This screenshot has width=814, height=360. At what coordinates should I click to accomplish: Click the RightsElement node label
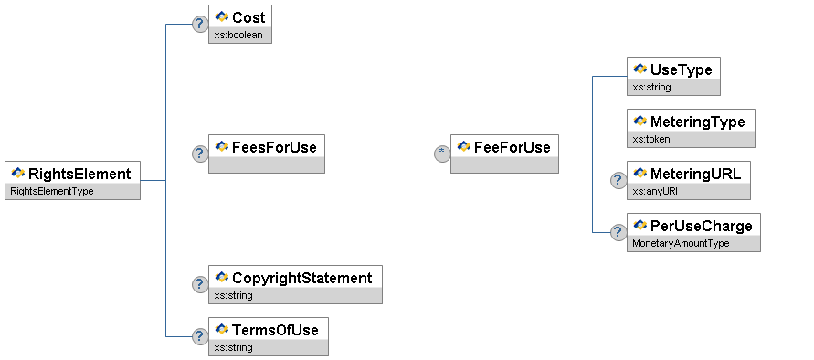pos(79,174)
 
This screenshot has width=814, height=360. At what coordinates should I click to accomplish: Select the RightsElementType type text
pos(52,191)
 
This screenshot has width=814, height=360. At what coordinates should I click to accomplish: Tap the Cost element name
pos(248,17)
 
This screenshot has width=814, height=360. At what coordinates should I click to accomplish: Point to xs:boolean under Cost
pos(238,36)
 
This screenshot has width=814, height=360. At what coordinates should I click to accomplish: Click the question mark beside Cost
pos(200,24)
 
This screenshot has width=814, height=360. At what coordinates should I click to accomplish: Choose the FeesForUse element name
pos(274,147)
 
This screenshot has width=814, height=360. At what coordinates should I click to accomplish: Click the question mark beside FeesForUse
pos(200,154)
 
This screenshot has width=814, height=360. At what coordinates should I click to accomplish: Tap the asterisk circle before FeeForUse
pos(442,154)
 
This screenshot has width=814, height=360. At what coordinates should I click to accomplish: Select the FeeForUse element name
pos(512,147)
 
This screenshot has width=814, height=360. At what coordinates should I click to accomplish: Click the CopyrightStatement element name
pos(302,278)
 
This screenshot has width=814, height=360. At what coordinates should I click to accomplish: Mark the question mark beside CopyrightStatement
pos(200,284)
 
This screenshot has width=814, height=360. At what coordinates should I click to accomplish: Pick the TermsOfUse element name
pos(275,330)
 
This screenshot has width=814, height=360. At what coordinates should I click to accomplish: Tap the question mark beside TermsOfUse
pos(200,336)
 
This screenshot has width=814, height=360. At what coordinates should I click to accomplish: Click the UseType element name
pos(682,69)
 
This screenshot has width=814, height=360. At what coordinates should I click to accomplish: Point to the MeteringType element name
pos(698,122)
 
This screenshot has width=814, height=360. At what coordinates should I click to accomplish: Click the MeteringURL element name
pos(695,174)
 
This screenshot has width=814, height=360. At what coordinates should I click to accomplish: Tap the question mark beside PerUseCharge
pos(618,232)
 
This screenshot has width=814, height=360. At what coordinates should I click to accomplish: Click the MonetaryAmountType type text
pos(681,243)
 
